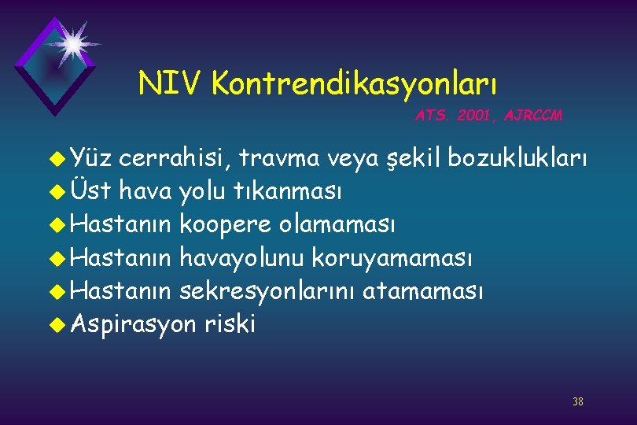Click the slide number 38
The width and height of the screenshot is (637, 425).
point(578,402)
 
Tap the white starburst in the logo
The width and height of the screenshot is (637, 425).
point(73,43)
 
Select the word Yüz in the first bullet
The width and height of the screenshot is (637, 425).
point(93,161)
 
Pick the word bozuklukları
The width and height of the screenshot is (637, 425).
point(517,161)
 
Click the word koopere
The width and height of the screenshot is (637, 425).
point(228,224)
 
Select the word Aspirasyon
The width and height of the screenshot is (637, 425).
point(133,323)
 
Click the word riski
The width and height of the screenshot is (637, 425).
point(230,323)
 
